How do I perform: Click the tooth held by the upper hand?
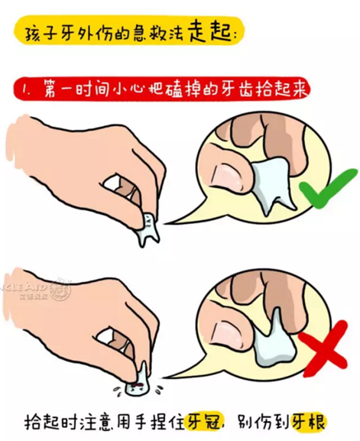(x=144, y=229)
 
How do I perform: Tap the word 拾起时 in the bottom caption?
(x=50, y=420)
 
